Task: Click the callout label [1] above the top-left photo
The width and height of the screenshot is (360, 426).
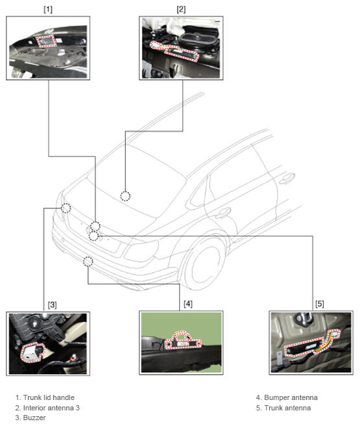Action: point(48,10)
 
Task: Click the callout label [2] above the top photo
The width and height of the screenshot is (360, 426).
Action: point(181,10)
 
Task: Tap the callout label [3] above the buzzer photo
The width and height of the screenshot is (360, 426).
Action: point(52,305)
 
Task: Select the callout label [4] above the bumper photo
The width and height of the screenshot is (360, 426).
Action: point(187,304)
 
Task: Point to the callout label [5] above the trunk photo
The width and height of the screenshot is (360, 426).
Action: point(320,304)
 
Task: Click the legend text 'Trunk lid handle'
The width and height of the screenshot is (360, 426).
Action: point(49,397)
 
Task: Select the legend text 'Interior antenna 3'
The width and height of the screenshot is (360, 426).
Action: point(51,408)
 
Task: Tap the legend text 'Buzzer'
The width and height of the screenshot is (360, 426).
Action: point(34,418)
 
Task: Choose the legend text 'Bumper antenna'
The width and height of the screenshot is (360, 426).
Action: point(291,397)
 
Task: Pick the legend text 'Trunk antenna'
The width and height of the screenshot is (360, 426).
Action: point(287,408)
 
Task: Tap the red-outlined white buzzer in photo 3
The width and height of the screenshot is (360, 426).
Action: point(31,353)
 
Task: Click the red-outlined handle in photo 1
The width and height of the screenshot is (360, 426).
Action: point(46,41)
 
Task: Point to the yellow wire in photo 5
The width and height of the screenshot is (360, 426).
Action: point(325,344)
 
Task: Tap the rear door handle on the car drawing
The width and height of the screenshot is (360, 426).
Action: point(223,212)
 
